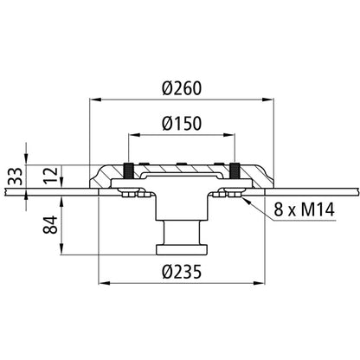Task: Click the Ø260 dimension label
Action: [x=182, y=88]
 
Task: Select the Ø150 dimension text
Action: [x=182, y=124]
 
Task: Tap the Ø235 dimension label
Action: [x=182, y=272]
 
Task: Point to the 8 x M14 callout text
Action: [x=304, y=209]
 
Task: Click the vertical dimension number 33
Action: [x=16, y=177]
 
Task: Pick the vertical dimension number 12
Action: [x=51, y=175]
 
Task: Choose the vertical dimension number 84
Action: [x=51, y=225]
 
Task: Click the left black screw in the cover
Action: [x=129, y=171]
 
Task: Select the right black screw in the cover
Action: [x=235, y=171]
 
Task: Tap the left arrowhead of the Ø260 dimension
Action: [x=95, y=100]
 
